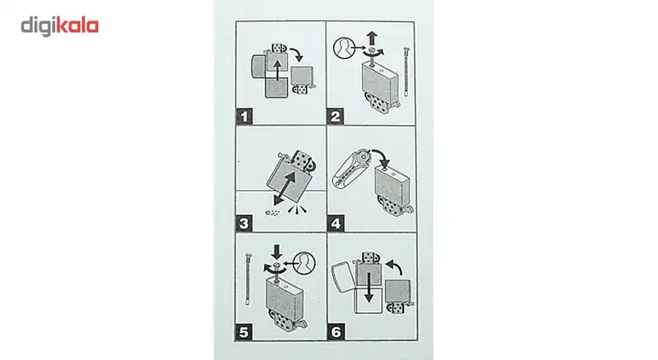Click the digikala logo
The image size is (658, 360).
tap(59, 26)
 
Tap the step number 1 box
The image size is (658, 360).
tap(243, 116)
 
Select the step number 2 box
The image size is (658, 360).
tap(335, 116)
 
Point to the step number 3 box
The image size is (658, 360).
tap(243, 224)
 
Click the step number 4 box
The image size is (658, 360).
tap(336, 224)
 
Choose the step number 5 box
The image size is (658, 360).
tap(243, 332)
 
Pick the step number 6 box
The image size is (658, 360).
tap(336, 332)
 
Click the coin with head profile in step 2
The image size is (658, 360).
tap(344, 48)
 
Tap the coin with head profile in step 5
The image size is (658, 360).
tap(304, 264)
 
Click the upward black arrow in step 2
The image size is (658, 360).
tap(372, 39)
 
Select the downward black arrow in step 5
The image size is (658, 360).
tap(276, 252)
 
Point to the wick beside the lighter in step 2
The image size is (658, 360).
tap(405, 72)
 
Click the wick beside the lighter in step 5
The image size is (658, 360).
tap(248, 279)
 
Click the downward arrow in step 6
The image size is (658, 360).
tap(368, 288)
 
